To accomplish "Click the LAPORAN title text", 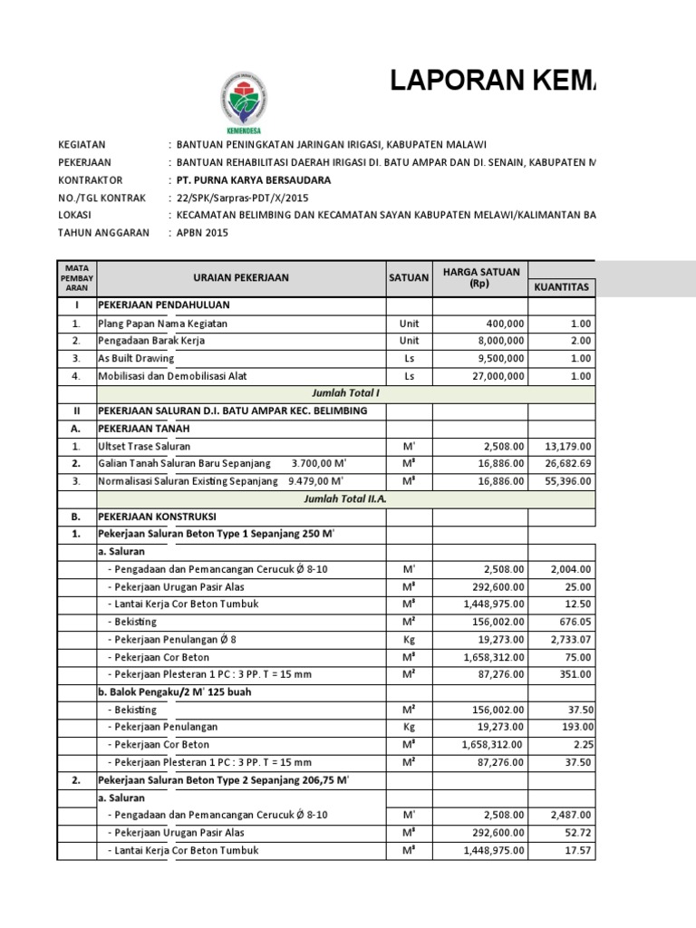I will tap(494, 82).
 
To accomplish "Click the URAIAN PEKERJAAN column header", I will tap(240, 278).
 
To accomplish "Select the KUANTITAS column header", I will tap(562, 287).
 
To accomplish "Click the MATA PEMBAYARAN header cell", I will tap(76, 278).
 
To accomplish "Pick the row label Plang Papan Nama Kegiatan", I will tap(162, 324).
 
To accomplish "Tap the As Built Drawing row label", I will tap(135, 359).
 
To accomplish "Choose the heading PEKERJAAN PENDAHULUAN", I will tap(164, 305).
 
